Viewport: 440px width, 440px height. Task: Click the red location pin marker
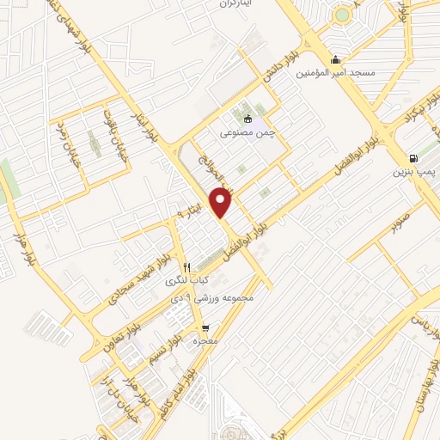pyautogui.click(x=222, y=201)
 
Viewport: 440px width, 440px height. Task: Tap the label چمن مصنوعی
pyautogui.click(x=247, y=133)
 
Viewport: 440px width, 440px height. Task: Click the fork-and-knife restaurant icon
pyautogui.click(x=186, y=267)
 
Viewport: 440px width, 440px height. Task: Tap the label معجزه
pyautogui.click(x=203, y=341)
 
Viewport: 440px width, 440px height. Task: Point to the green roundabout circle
pyautogui.click(x=344, y=15)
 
